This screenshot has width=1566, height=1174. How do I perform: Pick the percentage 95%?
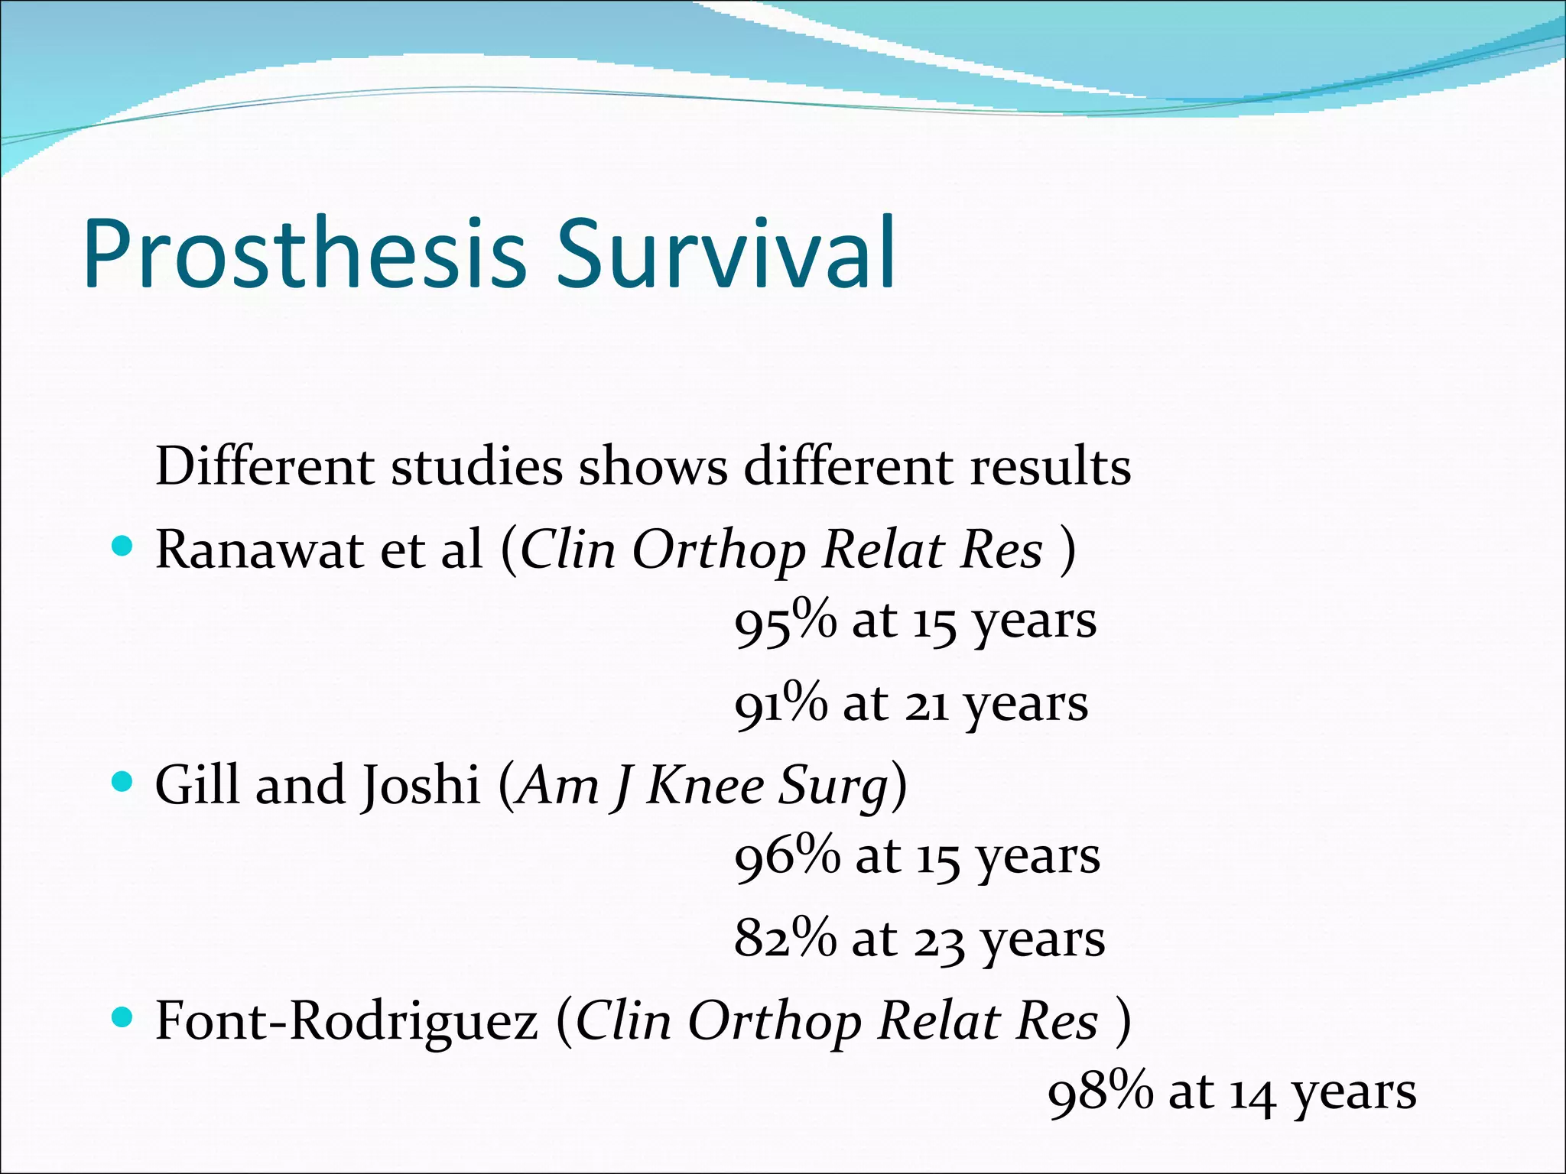(785, 621)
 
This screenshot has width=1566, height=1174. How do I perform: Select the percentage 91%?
(780, 704)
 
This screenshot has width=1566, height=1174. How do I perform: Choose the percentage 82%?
(785, 939)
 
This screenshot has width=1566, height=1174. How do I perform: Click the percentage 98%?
(1100, 1092)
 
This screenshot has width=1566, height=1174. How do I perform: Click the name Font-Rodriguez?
(346, 1021)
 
